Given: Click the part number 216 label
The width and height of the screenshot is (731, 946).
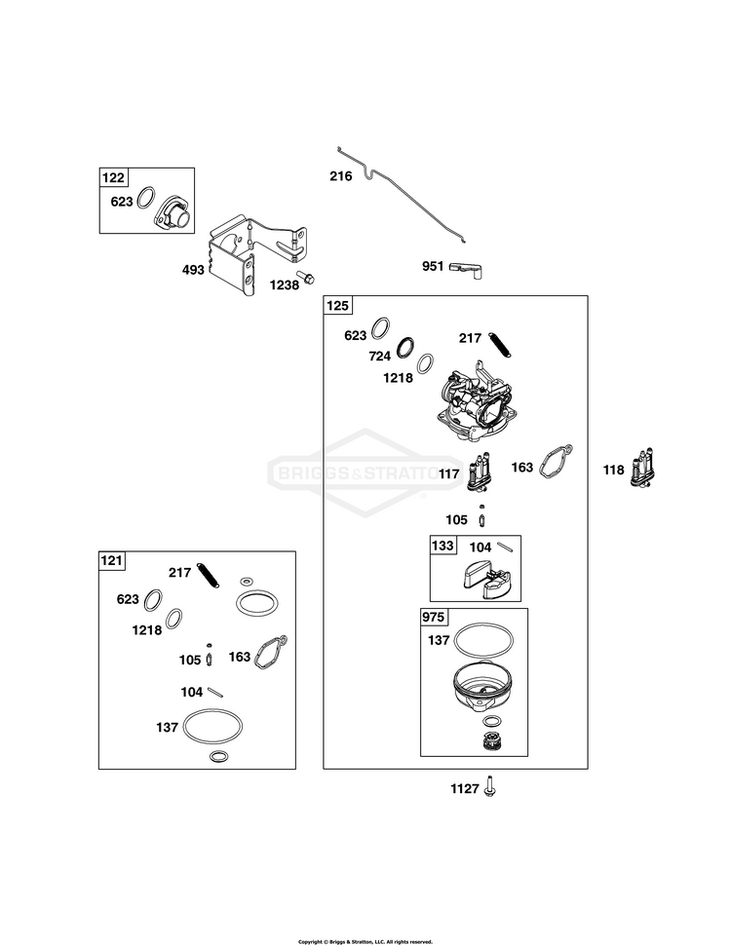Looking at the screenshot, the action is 340,176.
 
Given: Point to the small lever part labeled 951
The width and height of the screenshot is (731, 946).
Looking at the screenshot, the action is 467,269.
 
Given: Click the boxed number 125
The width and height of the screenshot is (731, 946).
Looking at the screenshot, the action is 337,305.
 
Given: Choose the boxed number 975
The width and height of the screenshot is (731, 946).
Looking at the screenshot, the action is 434,618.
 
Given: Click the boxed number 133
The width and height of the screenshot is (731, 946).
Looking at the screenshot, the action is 442,546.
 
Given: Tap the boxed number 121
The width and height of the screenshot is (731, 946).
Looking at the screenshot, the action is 112,560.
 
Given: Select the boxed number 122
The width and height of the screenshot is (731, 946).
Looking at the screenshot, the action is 113,177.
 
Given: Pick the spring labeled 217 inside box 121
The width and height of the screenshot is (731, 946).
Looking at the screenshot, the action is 209,575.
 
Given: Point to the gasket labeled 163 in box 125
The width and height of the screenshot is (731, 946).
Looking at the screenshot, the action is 555,463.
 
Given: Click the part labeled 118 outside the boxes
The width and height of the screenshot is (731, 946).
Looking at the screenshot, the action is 643,468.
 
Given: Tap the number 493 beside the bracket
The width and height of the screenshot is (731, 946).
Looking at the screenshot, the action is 193,270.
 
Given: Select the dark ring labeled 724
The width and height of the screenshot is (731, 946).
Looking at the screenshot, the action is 406,348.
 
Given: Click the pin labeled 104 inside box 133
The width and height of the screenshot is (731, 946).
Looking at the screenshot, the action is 505,547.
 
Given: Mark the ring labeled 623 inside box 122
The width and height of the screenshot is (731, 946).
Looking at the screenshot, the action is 146,197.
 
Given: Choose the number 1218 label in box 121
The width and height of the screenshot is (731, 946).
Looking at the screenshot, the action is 146,630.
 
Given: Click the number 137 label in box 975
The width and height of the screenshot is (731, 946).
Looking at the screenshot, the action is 439,639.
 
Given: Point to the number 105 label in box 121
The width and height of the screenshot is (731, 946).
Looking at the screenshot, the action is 190,660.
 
